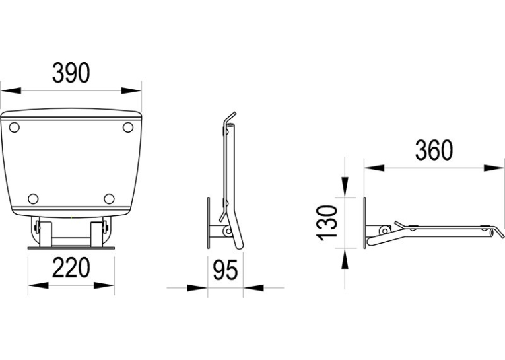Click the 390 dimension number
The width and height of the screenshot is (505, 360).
(x=71, y=73)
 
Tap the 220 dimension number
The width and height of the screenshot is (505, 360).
(x=71, y=268)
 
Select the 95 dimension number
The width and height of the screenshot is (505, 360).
(x=226, y=270)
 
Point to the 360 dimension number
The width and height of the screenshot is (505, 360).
(x=434, y=150)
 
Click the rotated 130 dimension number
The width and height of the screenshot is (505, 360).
(x=327, y=223)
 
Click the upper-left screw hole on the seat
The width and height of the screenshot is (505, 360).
(x=14, y=127)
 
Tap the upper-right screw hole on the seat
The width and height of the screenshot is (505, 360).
(x=128, y=127)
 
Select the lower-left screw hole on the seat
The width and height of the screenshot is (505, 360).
(x=33, y=199)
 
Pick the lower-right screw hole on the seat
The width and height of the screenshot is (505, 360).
(x=109, y=199)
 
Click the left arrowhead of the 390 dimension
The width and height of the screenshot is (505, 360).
(x=11, y=90)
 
